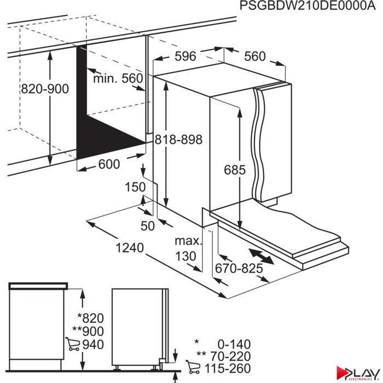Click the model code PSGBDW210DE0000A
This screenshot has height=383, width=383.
[307, 6]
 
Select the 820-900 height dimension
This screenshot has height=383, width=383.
[45, 89]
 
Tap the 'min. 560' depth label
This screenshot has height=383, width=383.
[118, 78]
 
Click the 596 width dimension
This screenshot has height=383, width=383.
[185, 56]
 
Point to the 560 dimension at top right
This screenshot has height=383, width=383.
[255, 56]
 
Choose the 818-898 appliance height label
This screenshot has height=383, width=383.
[178, 140]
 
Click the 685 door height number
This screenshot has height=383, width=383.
[235, 170]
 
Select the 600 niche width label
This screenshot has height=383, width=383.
[109, 164]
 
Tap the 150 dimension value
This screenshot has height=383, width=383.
[135, 187]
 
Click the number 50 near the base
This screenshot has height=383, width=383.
[148, 226]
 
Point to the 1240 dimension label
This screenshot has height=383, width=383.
[130, 248]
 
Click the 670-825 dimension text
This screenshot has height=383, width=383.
[239, 269]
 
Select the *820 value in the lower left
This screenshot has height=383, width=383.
[91, 318]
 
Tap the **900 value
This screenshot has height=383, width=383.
[88, 332]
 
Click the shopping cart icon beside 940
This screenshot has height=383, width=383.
[73, 344]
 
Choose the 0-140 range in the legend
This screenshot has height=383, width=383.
[234, 344]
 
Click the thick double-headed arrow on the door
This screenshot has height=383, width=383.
[262, 257]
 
